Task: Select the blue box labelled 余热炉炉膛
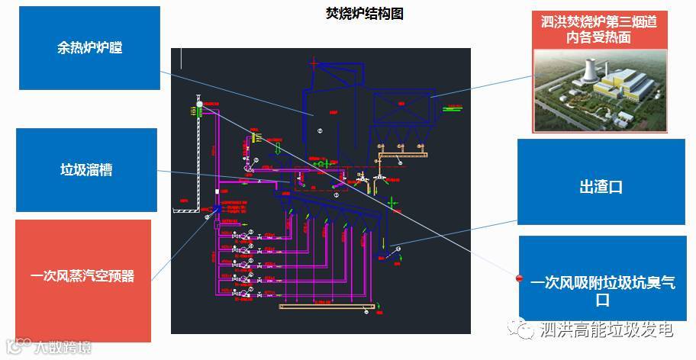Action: pos(89,48)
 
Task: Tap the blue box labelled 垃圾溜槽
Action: pos(86,169)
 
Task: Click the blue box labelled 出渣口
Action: pos(601,187)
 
